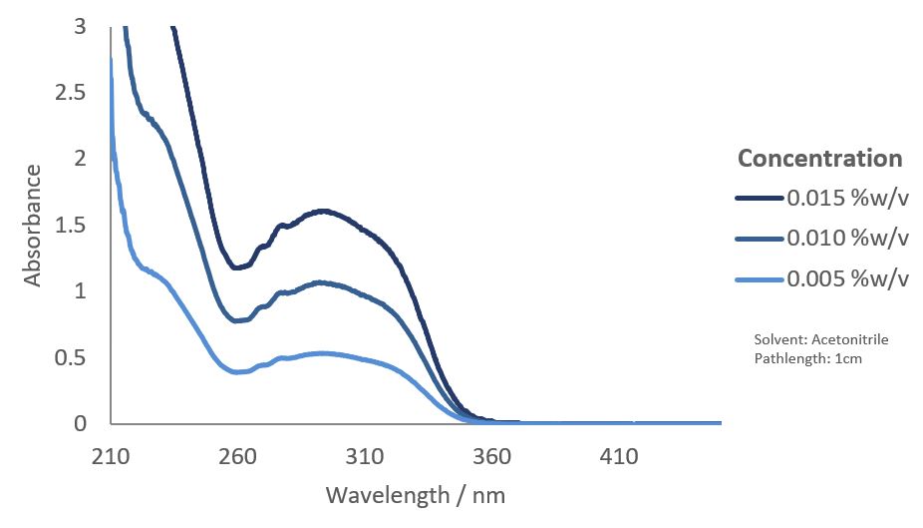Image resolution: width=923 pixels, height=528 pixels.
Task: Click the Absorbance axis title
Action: pyautogui.click(x=34, y=226)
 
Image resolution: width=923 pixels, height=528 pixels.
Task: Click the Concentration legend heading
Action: pyautogui.click(x=819, y=159)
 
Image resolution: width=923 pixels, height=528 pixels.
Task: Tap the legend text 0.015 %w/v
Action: pyautogui.click(x=848, y=198)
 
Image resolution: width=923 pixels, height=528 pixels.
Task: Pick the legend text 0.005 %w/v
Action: pyautogui.click(x=848, y=278)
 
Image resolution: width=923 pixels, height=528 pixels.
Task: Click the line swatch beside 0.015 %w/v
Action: pyautogui.click(x=760, y=199)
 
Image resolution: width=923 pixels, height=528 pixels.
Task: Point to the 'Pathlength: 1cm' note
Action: pyautogui.click(x=808, y=358)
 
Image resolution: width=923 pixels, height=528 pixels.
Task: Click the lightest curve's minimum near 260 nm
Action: pyautogui.click(x=238, y=372)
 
